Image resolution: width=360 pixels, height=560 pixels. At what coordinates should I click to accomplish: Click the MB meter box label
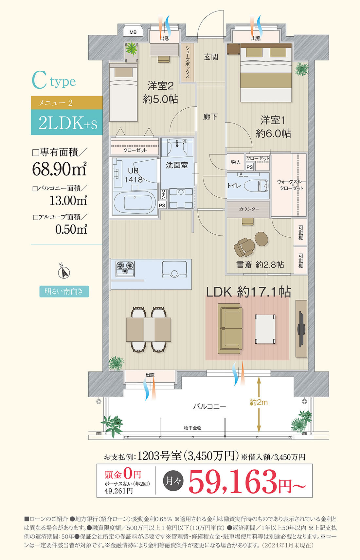click(133, 32)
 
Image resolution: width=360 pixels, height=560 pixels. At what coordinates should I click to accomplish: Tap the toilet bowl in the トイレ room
click(256, 186)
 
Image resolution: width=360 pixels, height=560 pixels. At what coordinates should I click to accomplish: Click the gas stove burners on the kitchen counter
click(125, 269)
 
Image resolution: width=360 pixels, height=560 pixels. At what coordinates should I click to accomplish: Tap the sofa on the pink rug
click(230, 329)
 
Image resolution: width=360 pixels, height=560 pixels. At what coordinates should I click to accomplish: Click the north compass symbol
click(64, 271)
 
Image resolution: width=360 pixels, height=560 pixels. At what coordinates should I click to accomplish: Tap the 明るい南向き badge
click(64, 291)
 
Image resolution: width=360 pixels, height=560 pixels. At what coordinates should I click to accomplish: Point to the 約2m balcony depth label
click(259, 402)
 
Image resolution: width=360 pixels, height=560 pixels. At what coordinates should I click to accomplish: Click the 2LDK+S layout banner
click(67, 122)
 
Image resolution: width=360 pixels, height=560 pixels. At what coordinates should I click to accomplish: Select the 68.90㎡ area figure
click(60, 169)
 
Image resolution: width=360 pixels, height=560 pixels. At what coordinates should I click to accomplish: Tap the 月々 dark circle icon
click(173, 481)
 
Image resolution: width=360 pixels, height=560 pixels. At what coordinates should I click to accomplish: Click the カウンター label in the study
click(248, 209)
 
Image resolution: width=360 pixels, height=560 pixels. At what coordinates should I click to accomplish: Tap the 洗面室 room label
click(177, 165)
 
